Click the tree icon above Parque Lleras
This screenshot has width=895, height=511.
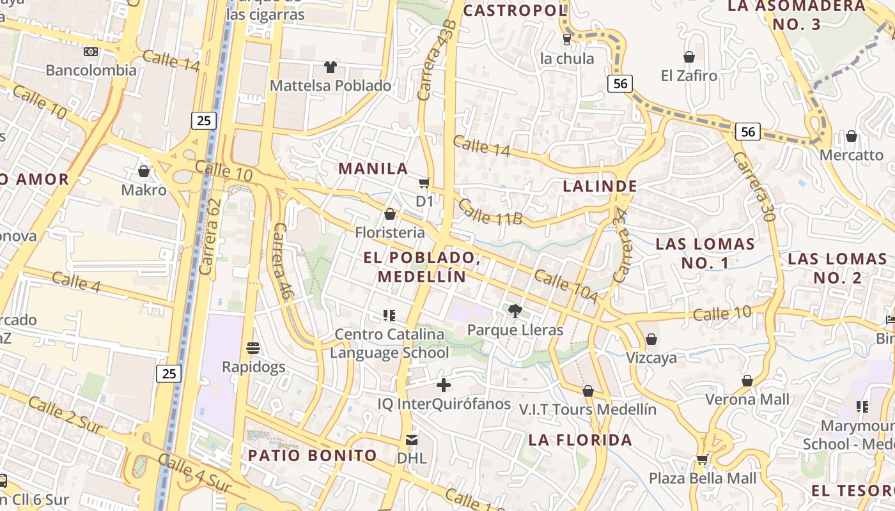click(515, 311)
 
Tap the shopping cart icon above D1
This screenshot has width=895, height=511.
click(424, 183)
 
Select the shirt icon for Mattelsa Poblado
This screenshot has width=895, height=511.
click(330, 67)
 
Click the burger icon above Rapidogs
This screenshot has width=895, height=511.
click(253, 348)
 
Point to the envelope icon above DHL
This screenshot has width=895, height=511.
click(411, 440)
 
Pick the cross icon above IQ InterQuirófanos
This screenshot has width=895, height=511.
click(443, 385)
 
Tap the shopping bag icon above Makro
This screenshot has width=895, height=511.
click(144, 171)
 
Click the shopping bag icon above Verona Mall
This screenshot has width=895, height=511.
click(747, 381)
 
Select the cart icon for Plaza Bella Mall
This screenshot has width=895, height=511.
click(702, 460)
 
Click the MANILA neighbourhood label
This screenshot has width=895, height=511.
click(373, 169)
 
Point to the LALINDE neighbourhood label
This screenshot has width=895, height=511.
click(600, 187)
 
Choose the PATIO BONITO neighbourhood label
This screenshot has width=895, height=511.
click(313, 455)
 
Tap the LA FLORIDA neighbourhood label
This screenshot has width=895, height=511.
click(580, 440)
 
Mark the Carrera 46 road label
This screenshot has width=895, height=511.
click(281, 261)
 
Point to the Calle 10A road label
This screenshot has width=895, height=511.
click(565, 287)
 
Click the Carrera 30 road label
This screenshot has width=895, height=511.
click(754, 186)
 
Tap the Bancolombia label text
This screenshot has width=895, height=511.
click(91, 70)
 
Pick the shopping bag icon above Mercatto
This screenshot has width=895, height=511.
click(851, 136)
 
